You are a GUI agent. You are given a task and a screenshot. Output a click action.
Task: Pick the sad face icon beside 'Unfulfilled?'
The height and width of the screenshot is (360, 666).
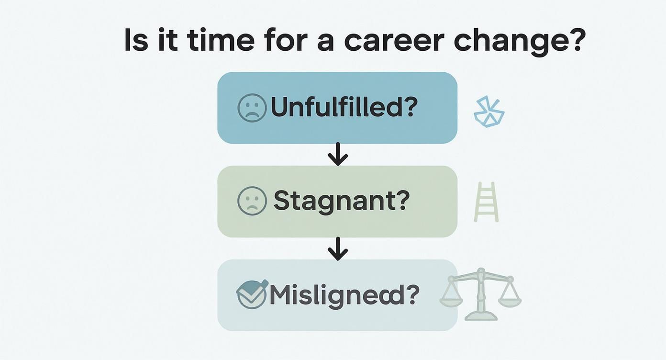tap(252, 108)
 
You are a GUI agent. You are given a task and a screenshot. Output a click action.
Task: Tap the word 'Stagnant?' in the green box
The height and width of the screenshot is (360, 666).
tap(342, 202)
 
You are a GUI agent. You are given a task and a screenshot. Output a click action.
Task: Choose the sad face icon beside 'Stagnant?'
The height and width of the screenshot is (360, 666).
tap(252, 201)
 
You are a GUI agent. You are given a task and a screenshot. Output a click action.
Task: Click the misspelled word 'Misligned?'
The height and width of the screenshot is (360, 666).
tap(344, 295)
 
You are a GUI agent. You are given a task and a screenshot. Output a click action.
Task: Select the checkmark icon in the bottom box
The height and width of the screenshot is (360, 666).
tap(252, 293)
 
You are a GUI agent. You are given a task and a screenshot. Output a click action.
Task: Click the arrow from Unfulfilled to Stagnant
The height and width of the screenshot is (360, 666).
tap(338, 154)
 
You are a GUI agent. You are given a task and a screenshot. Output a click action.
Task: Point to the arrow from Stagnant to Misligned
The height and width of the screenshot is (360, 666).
tap(338, 248)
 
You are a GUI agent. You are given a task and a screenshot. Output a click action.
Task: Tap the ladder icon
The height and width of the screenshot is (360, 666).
tap(486, 202)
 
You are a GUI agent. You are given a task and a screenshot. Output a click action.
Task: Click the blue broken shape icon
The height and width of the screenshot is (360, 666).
tap(488, 113)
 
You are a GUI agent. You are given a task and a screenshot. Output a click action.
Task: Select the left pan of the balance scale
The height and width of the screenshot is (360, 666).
tap(451, 299)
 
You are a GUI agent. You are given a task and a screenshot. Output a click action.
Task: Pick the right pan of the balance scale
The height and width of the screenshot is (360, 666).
tap(510, 299)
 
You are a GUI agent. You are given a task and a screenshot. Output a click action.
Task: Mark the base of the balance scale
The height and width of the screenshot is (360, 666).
tap(480, 315)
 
